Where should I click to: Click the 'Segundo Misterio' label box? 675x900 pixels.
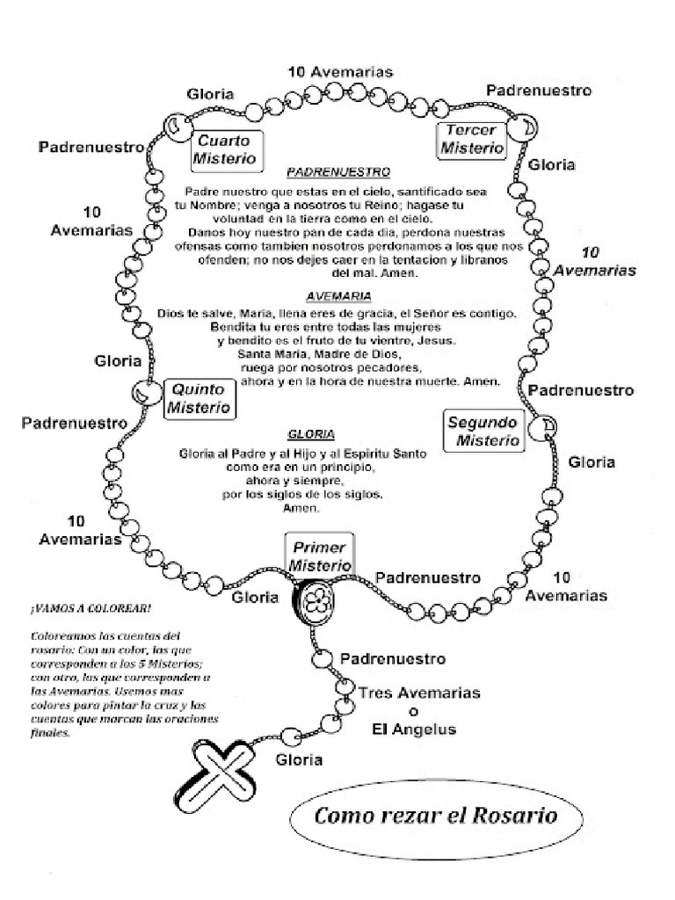[483, 431]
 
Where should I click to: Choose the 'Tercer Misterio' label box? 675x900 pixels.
[472, 140]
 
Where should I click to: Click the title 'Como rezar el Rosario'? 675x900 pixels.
[436, 815]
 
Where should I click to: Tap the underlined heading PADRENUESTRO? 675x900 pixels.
[337, 172]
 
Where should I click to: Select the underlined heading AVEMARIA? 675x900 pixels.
[339, 296]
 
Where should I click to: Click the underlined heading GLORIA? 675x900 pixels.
[310, 435]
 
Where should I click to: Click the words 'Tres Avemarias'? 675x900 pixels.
[419, 693]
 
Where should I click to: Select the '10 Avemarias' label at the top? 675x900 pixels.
[339, 71]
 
